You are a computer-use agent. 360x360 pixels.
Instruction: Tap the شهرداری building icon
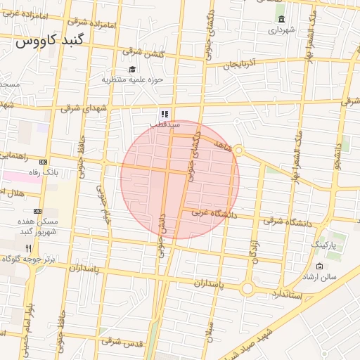click(x=282, y=19)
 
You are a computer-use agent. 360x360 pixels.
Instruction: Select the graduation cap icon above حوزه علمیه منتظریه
click(x=132, y=69)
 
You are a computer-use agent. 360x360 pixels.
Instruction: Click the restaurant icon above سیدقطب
click(x=164, y=113)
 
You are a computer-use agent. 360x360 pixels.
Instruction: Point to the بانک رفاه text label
click(x=61, y=171)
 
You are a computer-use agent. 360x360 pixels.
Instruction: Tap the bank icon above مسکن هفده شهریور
click(x=37, y=210)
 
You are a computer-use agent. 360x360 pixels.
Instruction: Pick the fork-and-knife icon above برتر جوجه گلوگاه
click(x=28, y=248)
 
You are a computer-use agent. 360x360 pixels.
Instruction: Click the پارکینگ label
click(x=324, y=244)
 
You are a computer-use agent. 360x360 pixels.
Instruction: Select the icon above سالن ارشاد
click(x=320, y=266)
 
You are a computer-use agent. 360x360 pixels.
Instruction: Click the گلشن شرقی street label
click(x=141, y=51)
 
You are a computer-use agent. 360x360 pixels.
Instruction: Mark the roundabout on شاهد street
click(x=238, y=150)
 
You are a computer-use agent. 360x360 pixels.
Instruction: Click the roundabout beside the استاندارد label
click(x=247, y=288)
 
